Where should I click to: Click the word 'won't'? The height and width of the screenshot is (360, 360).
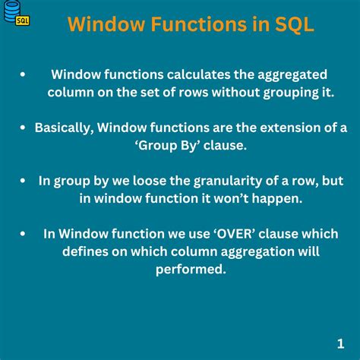236,197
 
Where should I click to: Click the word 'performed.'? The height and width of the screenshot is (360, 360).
191,268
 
